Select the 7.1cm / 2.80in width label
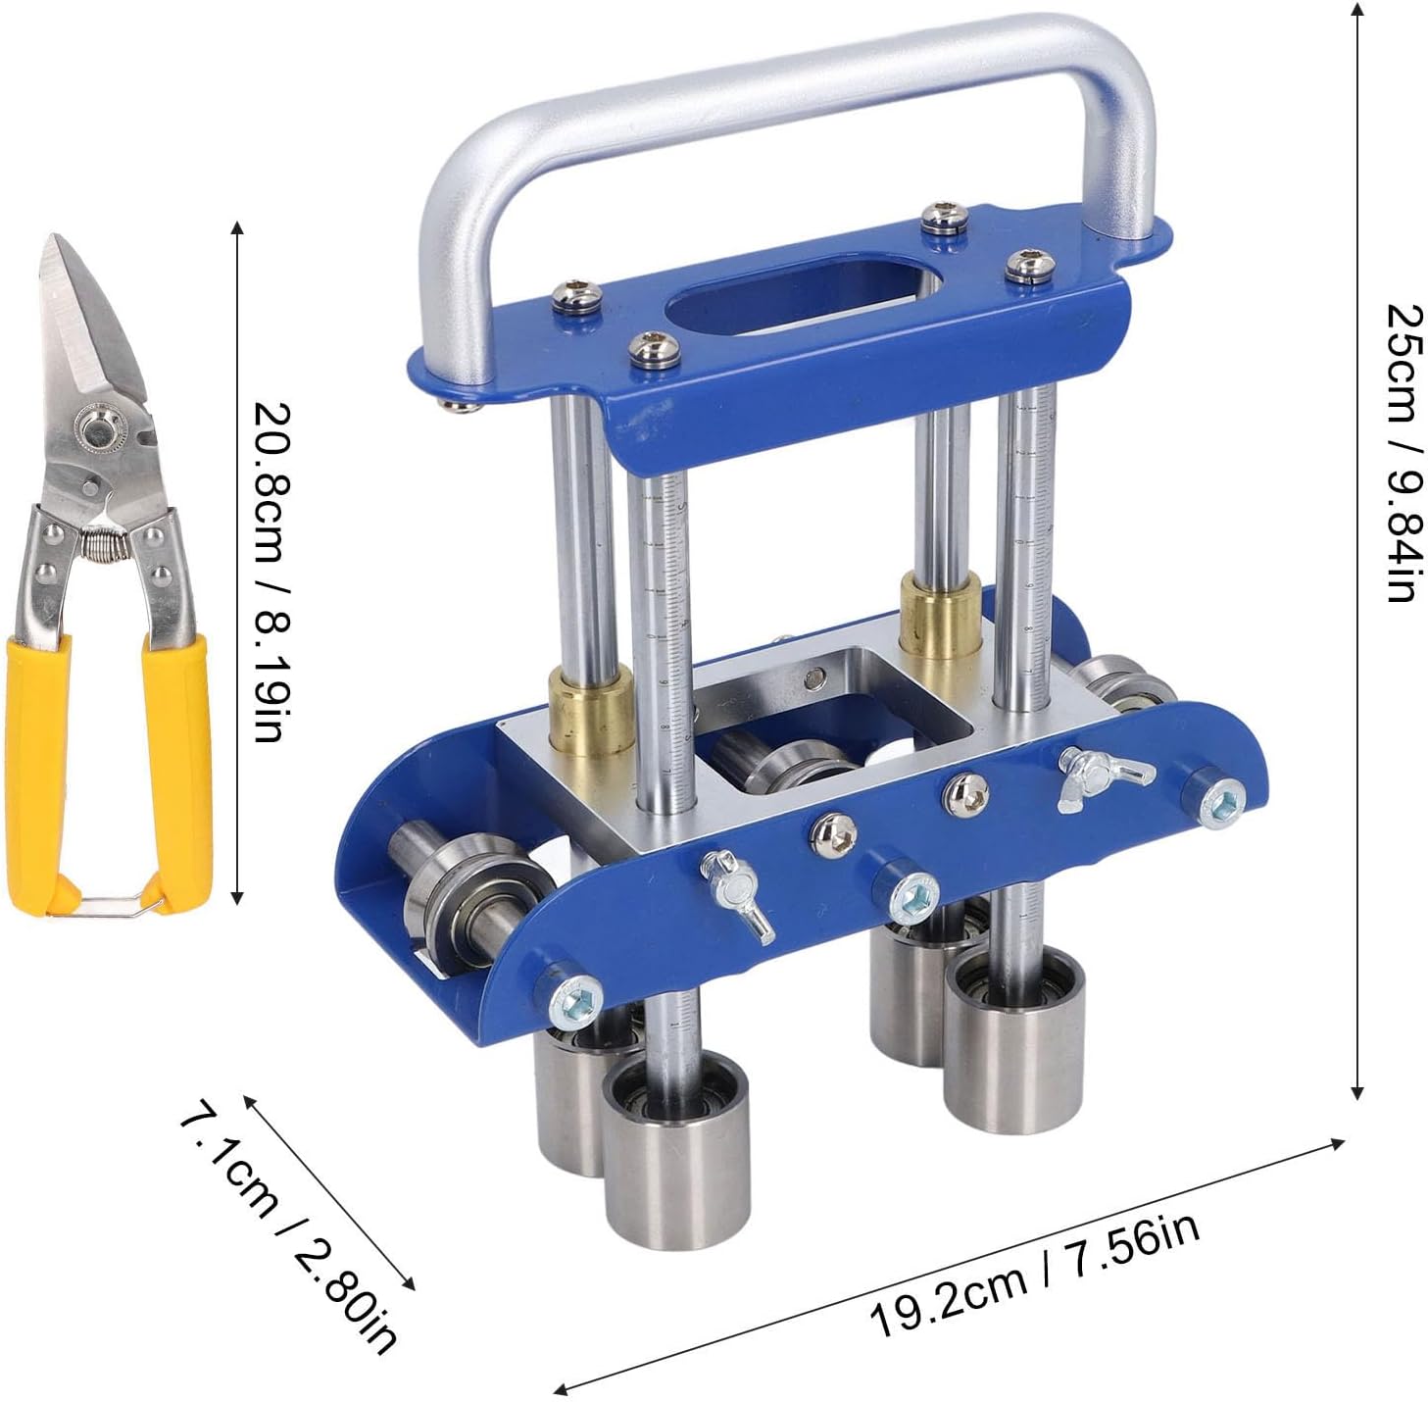(287, 1225)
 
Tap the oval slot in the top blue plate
(804, 306)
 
